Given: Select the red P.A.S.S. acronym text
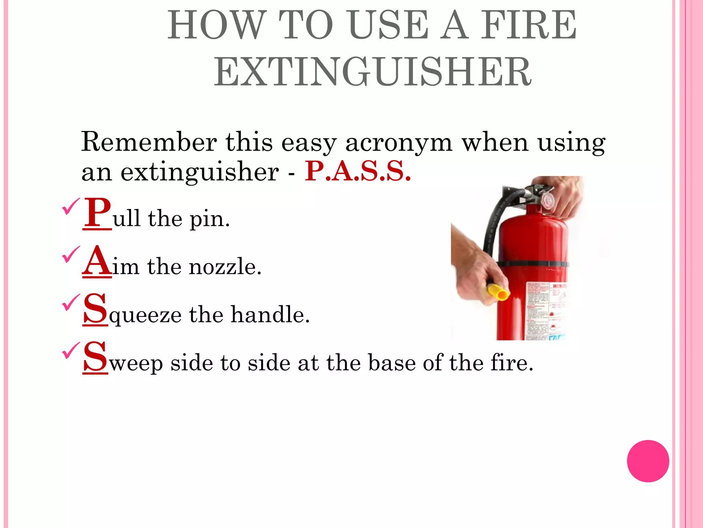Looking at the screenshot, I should click(357, 172).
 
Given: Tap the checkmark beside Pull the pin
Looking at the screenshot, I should click(71, 206).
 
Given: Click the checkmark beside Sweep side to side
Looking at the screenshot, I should click(71, 350).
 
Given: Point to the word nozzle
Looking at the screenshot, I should click(225, 267).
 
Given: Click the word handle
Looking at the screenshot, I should click(270, 315).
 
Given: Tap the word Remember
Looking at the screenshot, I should click(149, 142).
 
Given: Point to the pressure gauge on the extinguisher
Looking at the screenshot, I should click(547, 200).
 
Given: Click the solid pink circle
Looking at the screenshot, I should click(648, 461).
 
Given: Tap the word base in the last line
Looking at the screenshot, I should click(391, 363).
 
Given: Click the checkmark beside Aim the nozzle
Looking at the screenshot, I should click(71, 254).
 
